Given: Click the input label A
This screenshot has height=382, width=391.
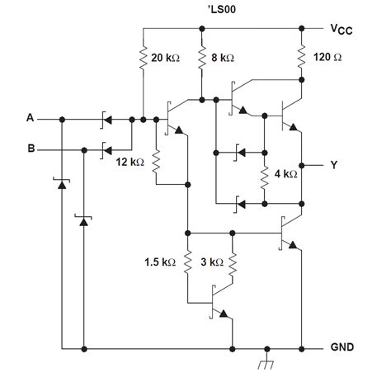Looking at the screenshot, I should click(x=31, y=119).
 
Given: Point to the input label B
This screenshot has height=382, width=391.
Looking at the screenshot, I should click(x=31, y=150).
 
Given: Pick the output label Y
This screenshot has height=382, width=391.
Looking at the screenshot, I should click(x=333, y=165).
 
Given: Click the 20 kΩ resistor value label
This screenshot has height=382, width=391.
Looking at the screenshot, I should click(x=168, y=59).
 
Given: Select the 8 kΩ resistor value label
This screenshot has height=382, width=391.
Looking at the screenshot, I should click(x=222, y=59).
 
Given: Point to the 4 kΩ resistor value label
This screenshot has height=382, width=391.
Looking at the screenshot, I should click(x=285, y=175).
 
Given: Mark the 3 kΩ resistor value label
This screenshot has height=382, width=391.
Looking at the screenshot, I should click(x=211, y=262).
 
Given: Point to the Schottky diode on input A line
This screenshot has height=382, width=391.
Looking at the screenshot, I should click(x=106, y=119).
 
